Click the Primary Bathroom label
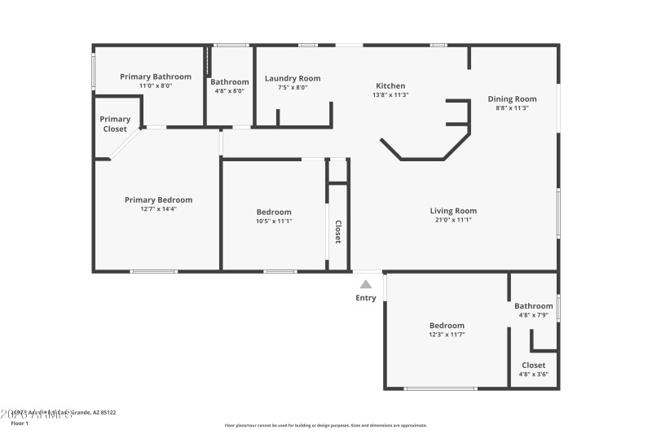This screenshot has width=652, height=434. tap(156, 77)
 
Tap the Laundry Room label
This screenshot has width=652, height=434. tap(293, 78)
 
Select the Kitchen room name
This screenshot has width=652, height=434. tap(390, 85)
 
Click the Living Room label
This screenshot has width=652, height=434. tap(453, 211)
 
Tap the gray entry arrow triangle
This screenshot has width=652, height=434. tap(366, 284)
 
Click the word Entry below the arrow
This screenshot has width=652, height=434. tap(366, 298)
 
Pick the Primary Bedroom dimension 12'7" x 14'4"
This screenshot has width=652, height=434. tap(158, 208)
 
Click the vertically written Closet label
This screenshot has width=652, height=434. tap(337, 232)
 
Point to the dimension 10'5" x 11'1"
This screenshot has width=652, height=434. tap(274, 221)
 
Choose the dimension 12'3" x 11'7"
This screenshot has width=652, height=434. tap(447, 334)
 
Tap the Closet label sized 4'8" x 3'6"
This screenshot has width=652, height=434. tap(533, 365)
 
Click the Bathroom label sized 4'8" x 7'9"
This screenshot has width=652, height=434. tap(533, 306)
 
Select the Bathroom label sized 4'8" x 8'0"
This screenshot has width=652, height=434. tap(230, 81)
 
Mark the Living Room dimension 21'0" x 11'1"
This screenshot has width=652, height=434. tap(453, 220)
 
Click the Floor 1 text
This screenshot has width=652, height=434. tap(19, 423)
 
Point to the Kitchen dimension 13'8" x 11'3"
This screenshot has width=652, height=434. tap(390, 94)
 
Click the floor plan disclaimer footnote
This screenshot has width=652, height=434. tap(325, 425)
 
